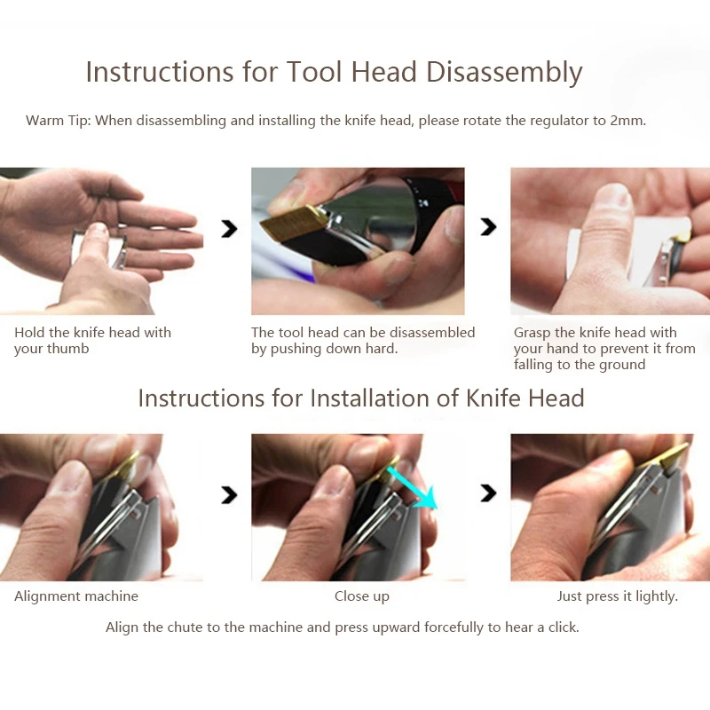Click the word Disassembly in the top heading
click(504, 73)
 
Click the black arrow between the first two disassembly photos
click(229, 229)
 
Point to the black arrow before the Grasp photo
click(488, 227)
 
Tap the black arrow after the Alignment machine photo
click(229, 495)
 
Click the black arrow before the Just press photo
click(488, 493)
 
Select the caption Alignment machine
click(76, 596)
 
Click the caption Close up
click(362, 596)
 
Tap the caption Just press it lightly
click(617, 596)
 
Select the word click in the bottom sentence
click(564, 627)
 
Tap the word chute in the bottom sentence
click(185, 627)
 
